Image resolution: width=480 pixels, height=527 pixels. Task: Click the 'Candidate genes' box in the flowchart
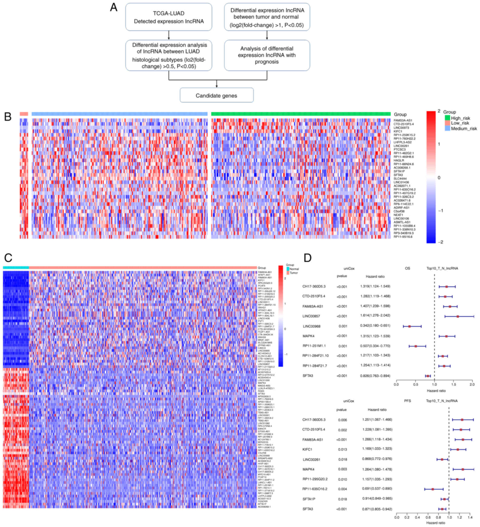click(216, 95)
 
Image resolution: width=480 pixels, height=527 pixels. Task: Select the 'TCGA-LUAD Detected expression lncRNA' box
click(168, 17)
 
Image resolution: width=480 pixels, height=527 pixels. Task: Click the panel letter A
click(114, 7)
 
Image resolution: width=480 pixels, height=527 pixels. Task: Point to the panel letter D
click(307, 258)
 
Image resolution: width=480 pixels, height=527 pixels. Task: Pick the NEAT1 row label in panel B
click(398, 215)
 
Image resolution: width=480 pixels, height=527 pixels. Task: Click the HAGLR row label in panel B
click(399, 160)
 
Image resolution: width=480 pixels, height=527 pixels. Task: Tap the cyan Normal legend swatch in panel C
click(288, 269)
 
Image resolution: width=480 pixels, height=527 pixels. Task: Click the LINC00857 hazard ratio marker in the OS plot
click(458, 316)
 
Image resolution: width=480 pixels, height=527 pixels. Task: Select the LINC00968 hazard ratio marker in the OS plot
click(409, 326)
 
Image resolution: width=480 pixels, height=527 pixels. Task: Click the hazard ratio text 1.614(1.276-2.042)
click(375, 315)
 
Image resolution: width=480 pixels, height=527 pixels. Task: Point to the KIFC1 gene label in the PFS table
click(307, 449)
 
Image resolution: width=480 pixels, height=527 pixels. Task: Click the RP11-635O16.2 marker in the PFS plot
click(433, 489)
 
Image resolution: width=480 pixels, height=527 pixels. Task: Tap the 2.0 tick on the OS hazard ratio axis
click(472, 385)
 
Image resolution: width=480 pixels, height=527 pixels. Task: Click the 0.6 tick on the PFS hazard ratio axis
click(428, 517)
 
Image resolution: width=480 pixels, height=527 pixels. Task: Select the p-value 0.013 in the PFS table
click(343, 450)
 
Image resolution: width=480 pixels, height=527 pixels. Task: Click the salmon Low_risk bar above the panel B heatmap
click(24, 114)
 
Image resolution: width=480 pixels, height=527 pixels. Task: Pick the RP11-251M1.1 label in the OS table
click(314, 346)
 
